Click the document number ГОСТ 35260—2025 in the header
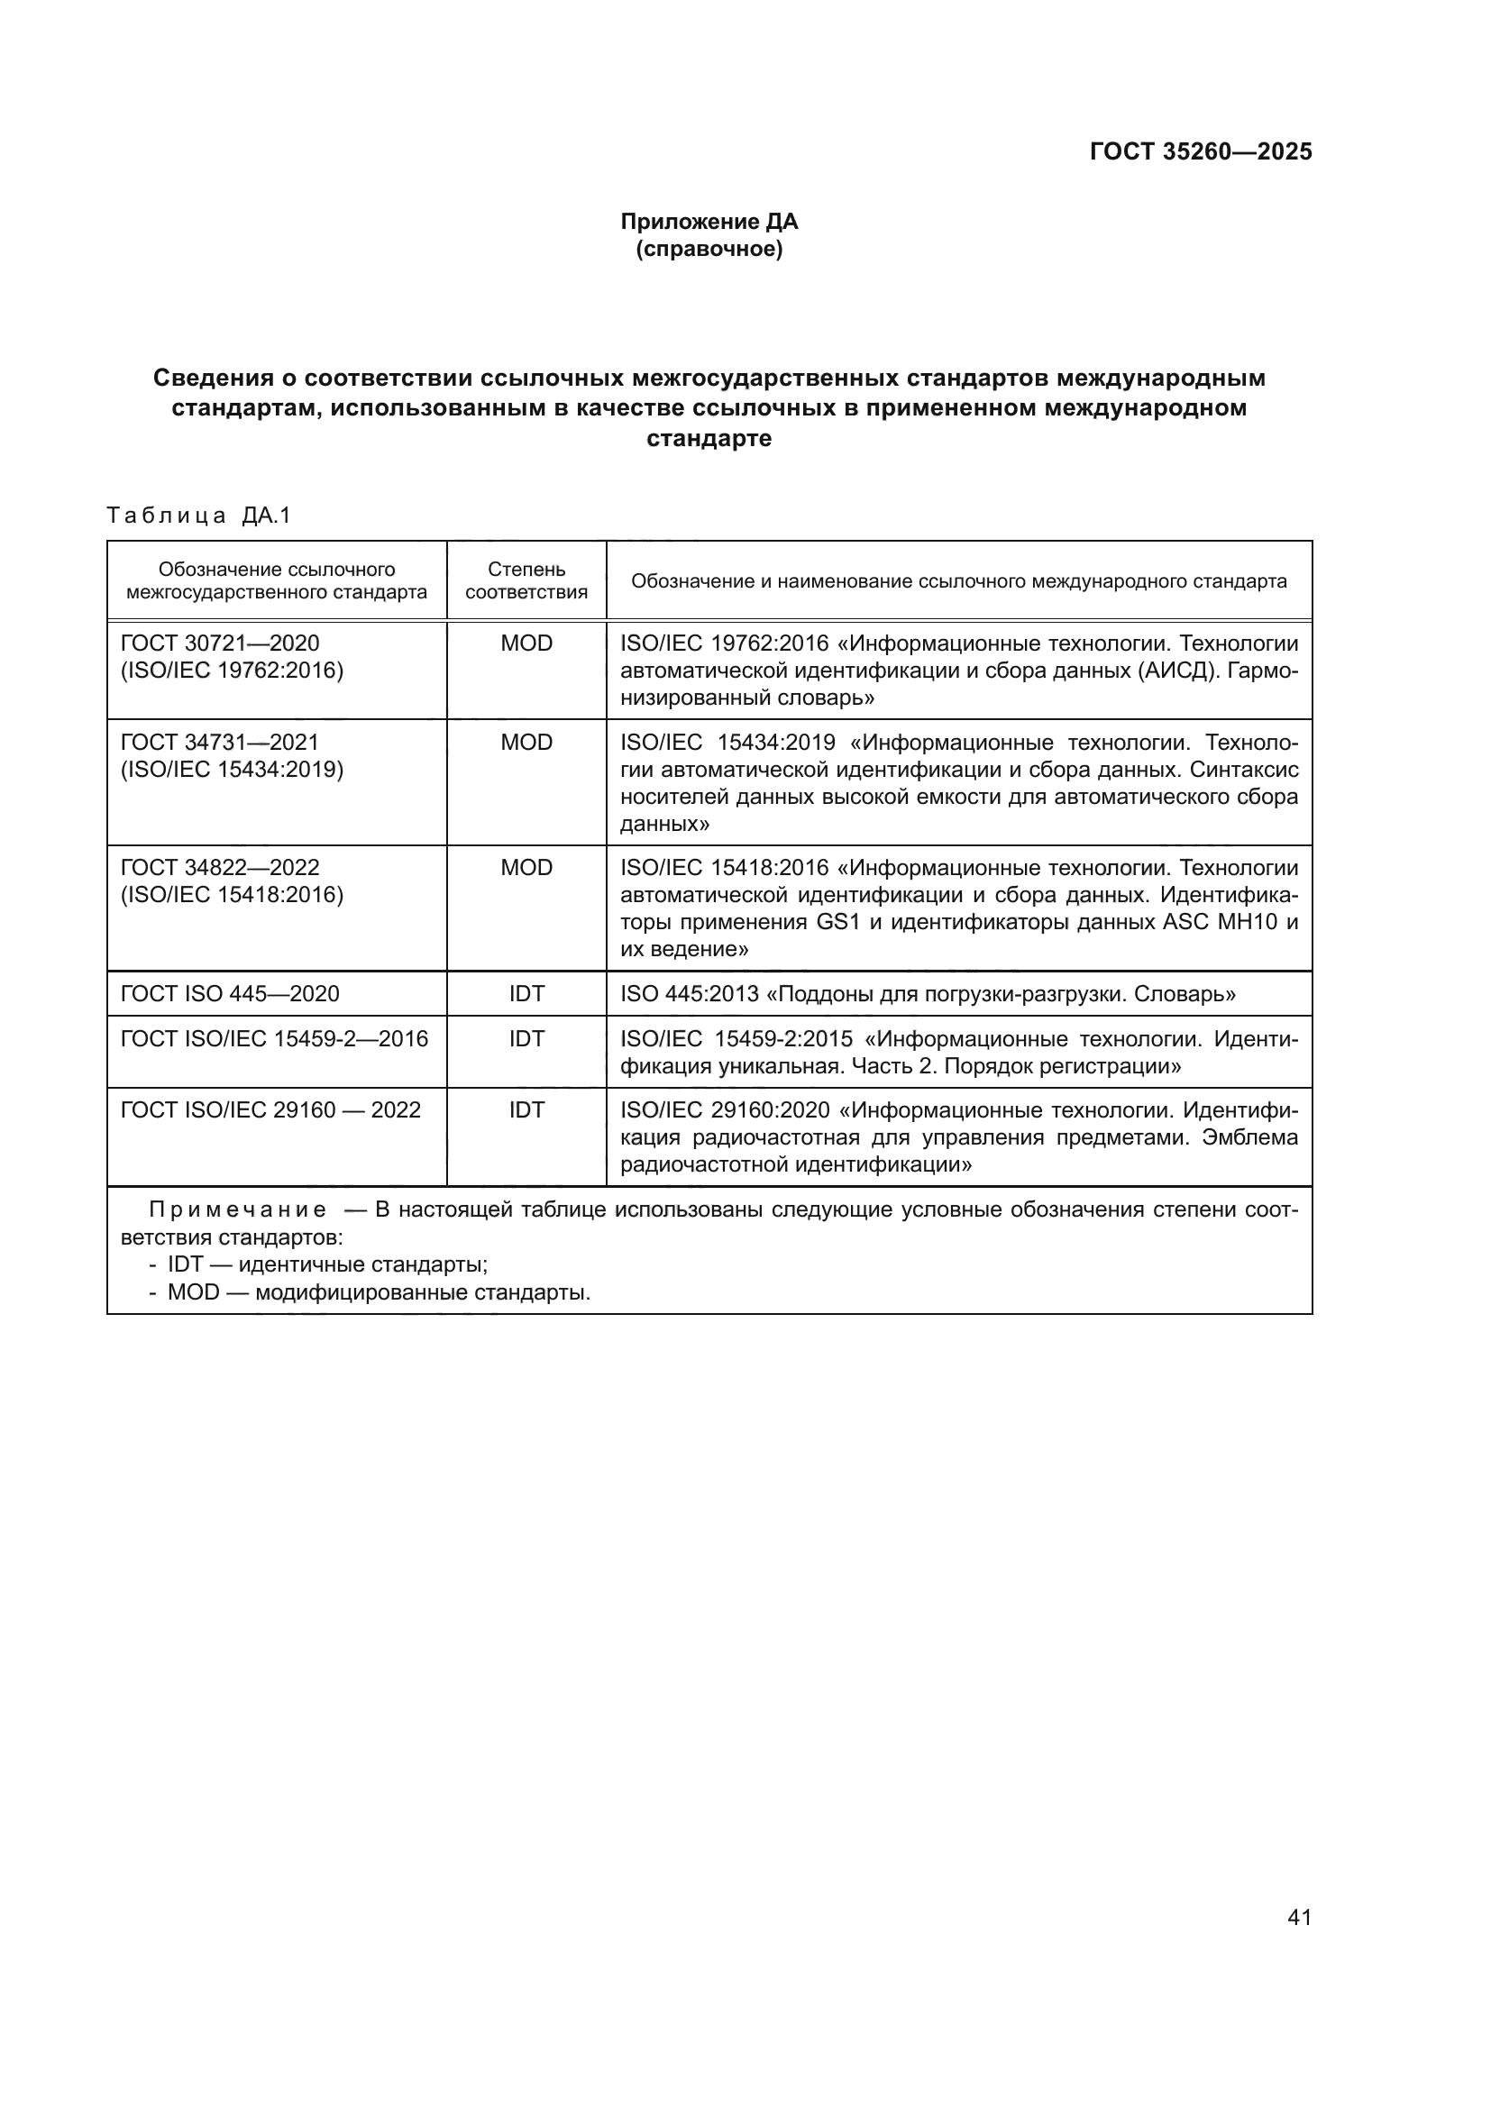tap(1200, 151)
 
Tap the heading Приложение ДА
tap(709, 222)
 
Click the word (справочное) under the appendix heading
tap(709, 249)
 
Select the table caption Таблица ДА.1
tap(198, 516)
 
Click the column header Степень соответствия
tap(526, 580)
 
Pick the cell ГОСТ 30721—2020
tap(220, 643)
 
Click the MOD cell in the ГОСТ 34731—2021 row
tap(526, 742)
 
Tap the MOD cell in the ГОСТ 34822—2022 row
tap(526, 868)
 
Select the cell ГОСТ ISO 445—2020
tap(231, 993)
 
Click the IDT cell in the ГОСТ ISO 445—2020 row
tap(526, 993)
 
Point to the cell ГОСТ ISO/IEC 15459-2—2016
tap(275, 1038)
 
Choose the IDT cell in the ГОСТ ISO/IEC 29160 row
tap(526, 1110)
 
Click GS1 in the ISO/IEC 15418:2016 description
tap(837, 922)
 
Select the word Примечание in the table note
tap(237, 1210)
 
